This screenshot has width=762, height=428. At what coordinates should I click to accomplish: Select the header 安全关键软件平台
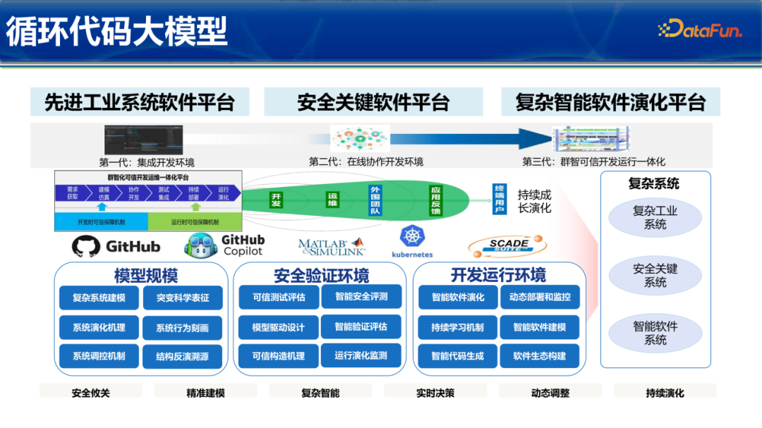[373, 102]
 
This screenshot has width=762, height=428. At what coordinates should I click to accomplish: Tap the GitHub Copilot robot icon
[199, 245]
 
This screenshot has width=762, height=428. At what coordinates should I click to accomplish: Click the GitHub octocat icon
[86, 246]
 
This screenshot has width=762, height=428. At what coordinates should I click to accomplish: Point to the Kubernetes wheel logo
[411, 237]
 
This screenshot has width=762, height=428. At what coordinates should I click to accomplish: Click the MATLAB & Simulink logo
[332, 247]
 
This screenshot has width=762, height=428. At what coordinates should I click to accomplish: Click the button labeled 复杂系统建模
[99, 298]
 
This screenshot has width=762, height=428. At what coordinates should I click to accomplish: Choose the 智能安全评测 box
[361, 297]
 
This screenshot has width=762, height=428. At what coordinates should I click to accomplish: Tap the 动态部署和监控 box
[540, 297]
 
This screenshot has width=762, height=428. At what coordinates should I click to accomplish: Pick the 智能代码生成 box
[458, 356]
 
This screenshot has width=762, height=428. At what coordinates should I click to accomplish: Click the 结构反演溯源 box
[182, 357]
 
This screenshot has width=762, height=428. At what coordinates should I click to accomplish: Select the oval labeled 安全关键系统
[655, 276]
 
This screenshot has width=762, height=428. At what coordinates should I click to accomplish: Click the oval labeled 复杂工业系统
[655, 218]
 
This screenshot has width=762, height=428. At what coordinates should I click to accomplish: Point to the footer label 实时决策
[435, 393]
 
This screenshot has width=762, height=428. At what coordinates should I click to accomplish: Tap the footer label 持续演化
[665, 393]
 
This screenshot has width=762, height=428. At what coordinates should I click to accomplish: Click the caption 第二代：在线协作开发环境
[366, 161]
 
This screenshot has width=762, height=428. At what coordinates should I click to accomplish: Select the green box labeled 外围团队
[375, 199]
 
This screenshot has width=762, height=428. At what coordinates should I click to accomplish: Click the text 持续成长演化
[534, 201]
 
